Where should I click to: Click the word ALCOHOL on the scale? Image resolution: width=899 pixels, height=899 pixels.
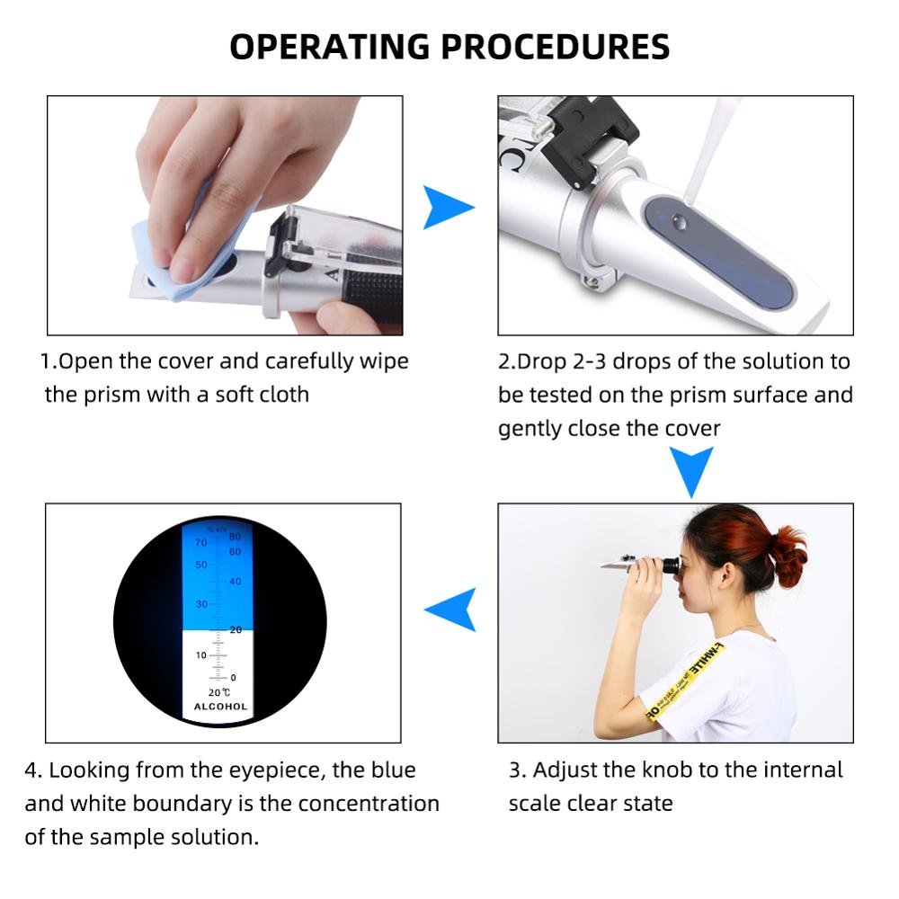pos(220,707)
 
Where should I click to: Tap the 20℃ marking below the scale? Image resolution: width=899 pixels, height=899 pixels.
pos(219,691)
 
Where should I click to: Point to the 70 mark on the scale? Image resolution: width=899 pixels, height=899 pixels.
pos(200,543)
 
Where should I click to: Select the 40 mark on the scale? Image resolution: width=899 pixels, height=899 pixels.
pos(236,582)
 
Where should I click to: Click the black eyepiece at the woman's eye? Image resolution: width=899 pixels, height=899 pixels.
pos(669,565)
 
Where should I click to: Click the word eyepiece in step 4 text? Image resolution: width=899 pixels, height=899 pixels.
pos(285,770)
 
